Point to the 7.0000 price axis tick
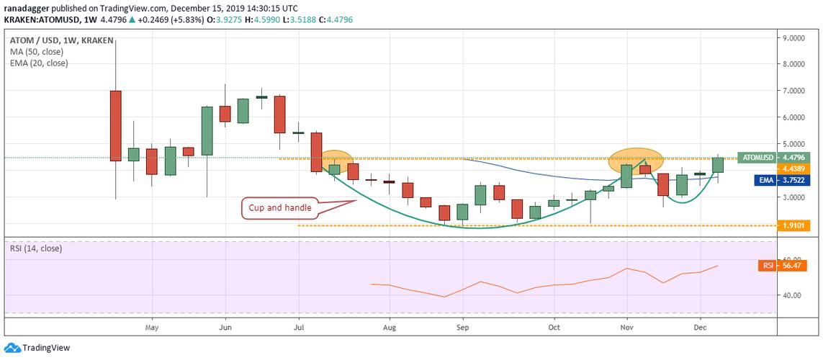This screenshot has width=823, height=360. pos(795,91)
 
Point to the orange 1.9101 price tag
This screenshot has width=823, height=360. pos(795,226)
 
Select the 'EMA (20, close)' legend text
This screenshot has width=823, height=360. pos(40,63)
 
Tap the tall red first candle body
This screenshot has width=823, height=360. pos(115,125)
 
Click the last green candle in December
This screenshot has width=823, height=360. pos(718,165)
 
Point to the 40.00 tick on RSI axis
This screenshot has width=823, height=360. pos(793,295)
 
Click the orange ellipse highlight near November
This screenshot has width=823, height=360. pos(634,159)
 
